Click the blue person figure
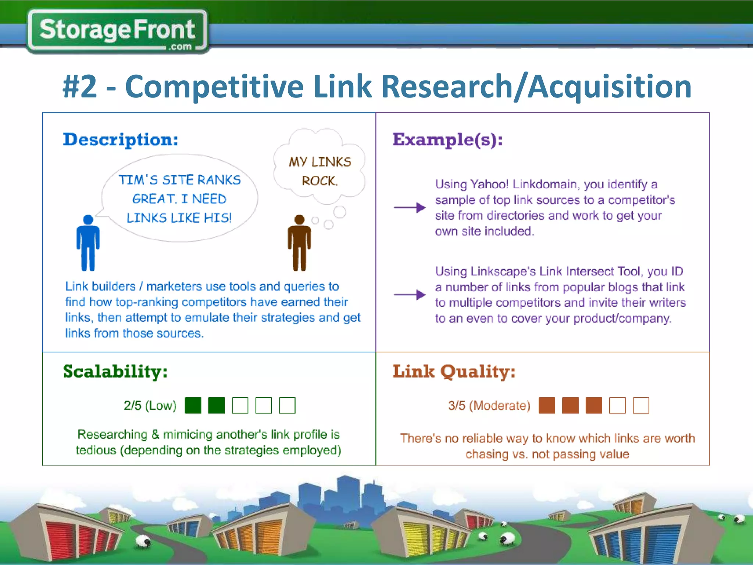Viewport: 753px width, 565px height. pyautogui.click(x=88, y=243)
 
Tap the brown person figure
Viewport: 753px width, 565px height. pyautogui.click(x=299, y=243)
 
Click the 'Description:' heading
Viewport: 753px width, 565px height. pyautogui.click(x=121, y=140)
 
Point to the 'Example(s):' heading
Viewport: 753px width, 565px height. pyautogui.click(x=447, y=140)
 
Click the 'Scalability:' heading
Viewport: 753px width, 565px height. pyautogui.click(x=115, y=372)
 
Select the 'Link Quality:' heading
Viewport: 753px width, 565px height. pyautogui.click(x=454, y=372)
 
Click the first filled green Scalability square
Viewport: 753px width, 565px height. pyautogui.click(x=193, y=405)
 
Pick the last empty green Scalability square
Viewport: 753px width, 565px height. pyautogui.click(x=287, y=405)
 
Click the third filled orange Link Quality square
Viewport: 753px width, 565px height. pyautogui.click(x=594, y=405)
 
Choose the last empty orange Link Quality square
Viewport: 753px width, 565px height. pyautogui.click(x=641, y=405)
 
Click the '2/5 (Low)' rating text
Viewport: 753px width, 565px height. pyautogui.click(x=150, y=405)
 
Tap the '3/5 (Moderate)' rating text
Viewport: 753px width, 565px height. pyautogui.click(x=489, y=405)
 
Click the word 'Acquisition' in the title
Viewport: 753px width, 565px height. pyautogui.click(x=610, y=87)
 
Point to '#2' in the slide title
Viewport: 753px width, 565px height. pyautogui.click(x=80, y=87)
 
